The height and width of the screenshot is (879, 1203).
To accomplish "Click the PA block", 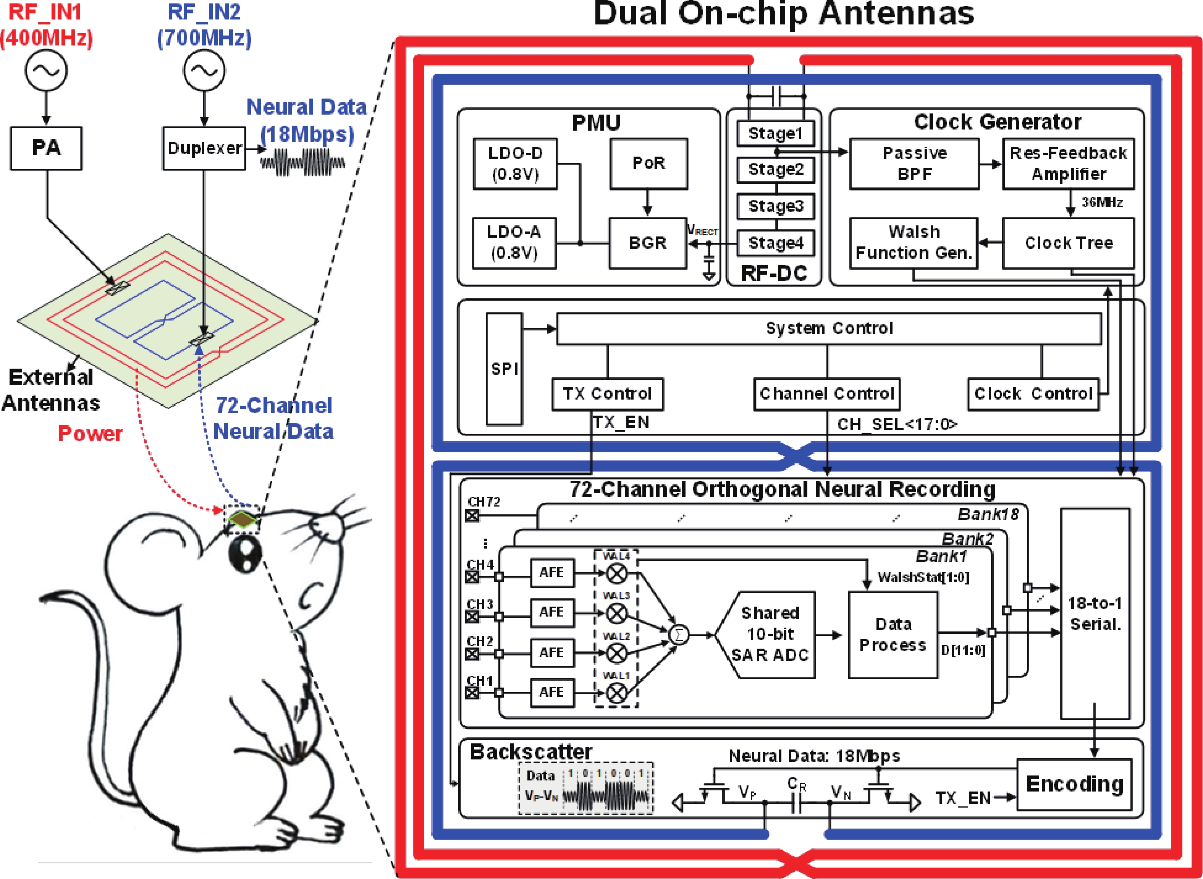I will click(x=46, y=148).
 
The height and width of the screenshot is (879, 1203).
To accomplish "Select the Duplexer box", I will click(x=204, y=148).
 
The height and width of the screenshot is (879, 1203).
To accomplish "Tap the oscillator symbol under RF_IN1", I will click(x=46, y=70).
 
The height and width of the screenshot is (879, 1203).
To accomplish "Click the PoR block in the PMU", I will click(x=648, y=163).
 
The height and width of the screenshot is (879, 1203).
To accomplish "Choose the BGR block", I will click(x=647, y=243).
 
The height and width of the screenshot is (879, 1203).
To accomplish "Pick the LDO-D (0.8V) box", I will click(x=515, y=164).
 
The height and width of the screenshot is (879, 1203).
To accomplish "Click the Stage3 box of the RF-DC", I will click(x=775, y=206).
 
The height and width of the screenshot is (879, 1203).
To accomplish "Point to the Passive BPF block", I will click(x=914, y=163).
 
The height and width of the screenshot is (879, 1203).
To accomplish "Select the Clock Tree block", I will click(x=1069, y=243).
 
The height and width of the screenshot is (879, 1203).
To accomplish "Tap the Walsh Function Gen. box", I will click(x=914, y=243).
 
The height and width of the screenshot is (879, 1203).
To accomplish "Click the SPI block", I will click(x=504, y=368).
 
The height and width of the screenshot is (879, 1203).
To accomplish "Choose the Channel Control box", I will click(x=826, y=394).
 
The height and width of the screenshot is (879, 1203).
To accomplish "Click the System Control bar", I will click(x=829, y=328).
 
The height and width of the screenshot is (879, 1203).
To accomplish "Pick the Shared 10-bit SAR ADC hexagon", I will click(x=769, y=634).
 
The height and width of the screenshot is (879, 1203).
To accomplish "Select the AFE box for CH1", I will click(x=552, y=692).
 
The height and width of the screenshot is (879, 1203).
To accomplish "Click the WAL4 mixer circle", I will click(x=616, y=573).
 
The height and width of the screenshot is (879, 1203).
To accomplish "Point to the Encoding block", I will click(x=1074, y=784).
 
